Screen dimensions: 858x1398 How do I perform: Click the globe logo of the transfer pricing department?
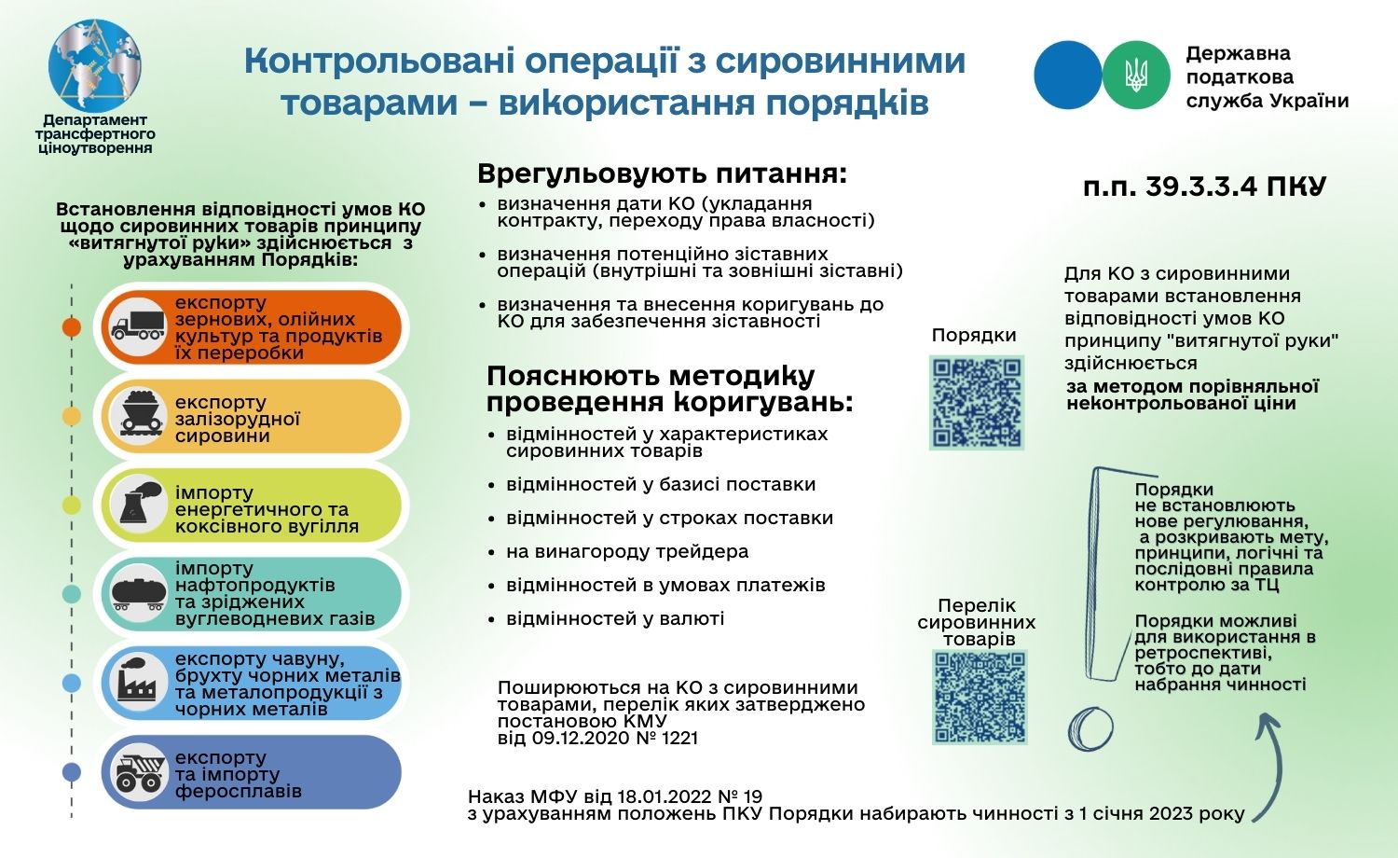[x=95, y=64]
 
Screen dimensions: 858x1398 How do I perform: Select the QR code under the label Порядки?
[x=977, y=401]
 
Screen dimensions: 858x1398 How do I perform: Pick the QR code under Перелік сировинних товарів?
[x=980, y=697]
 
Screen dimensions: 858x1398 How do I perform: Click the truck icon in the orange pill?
[x=137, y=326]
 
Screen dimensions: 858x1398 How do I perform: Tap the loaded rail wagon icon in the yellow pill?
[x=137, y=416]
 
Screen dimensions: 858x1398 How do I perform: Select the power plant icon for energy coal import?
[x=137, y=505]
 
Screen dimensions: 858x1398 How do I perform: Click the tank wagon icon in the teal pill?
[x=137, y=593]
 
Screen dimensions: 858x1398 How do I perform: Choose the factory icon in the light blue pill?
[x=137, y=683]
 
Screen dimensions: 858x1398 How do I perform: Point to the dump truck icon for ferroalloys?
[x=139, y=772]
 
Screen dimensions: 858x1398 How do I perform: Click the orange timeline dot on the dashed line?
[x=72, y=327]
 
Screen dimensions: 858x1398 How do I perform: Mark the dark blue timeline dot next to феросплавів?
[x=72, y=772]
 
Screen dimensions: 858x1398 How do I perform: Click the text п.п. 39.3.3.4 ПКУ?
[x=1204, y=187]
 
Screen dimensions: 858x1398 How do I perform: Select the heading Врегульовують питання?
[x=663, y=174]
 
